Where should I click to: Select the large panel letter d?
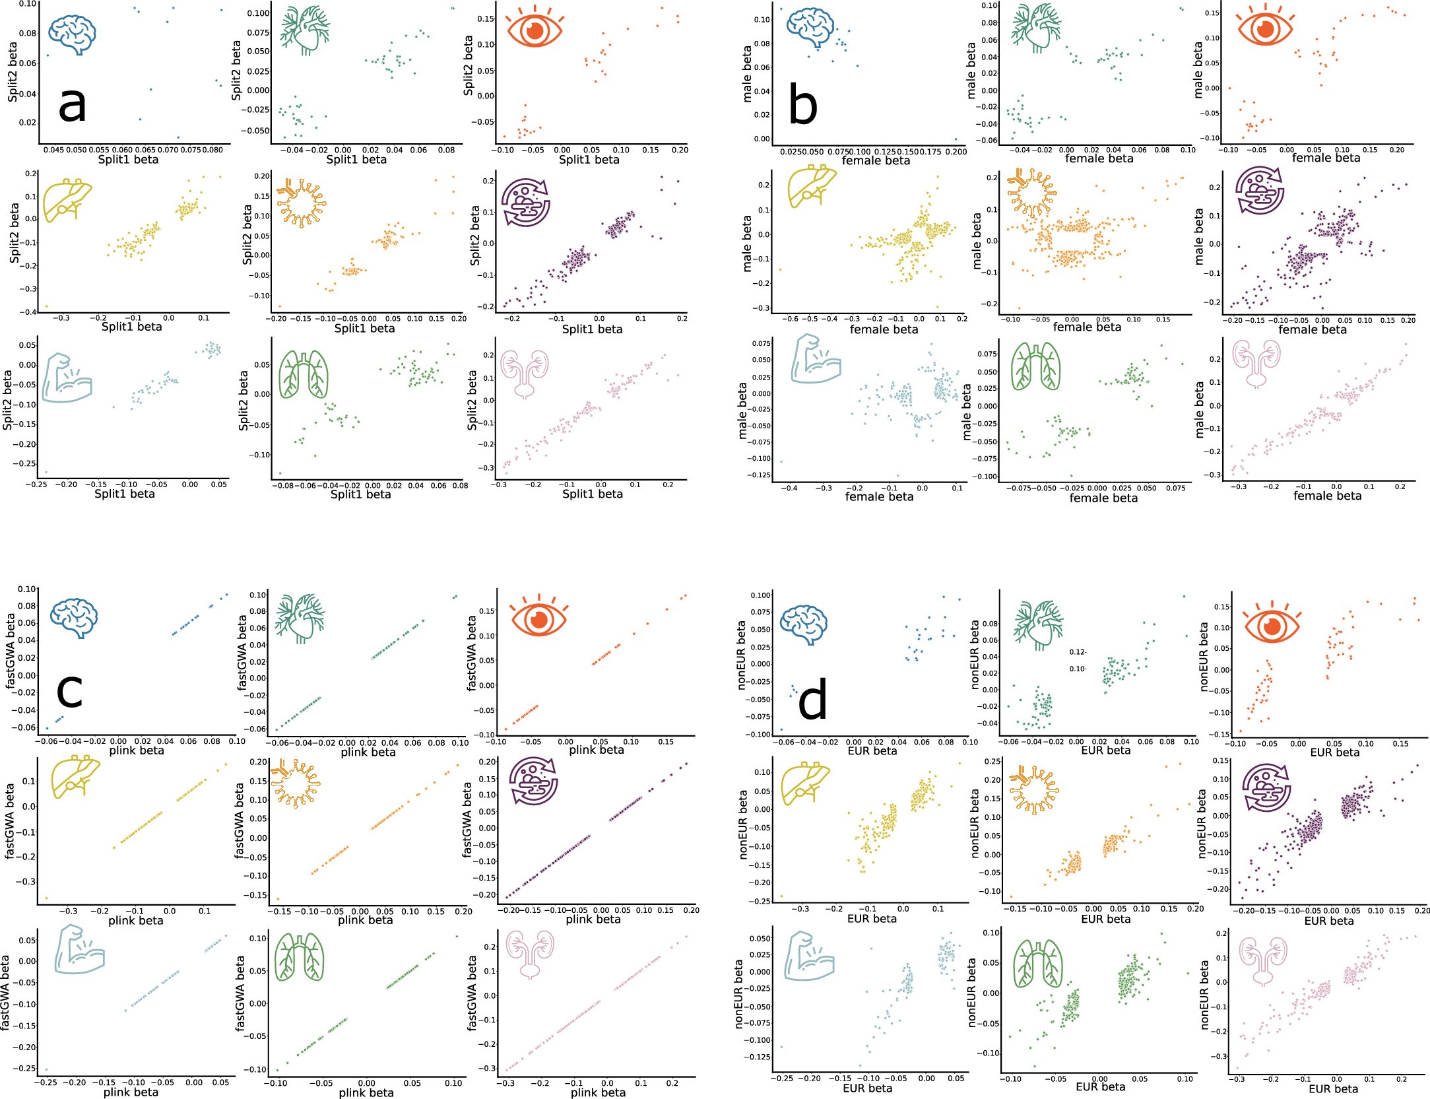[x=812, y=702]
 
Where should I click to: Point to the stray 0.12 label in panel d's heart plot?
[x=1077, y=652]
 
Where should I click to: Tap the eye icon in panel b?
[x=1264, y=29]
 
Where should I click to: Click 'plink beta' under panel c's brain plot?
[x=137, y=750]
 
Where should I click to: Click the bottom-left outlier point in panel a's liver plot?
[x=46, y=306]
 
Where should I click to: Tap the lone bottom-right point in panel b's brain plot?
[x=956, y=139]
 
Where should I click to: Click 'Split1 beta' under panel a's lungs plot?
[x=360, y=494]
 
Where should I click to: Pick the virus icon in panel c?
[x=300, y=785]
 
